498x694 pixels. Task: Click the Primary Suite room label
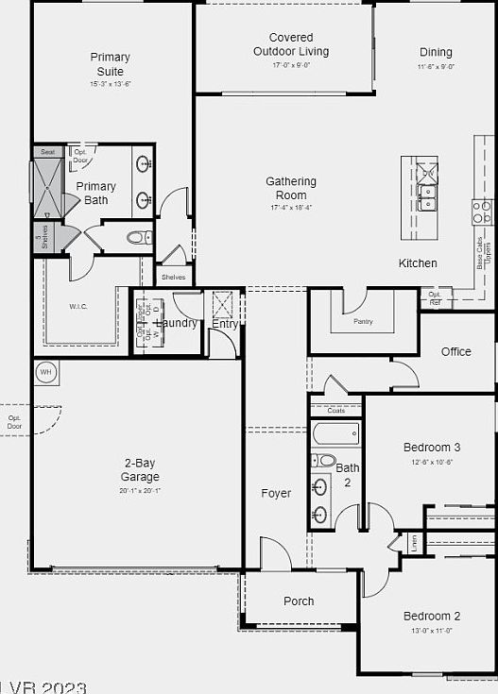pos(111,63)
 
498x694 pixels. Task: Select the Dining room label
pos(436,53)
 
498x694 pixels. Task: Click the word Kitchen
pos(418,262)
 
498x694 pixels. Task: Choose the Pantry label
pos(363,322)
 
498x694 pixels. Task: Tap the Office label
pos(455,352)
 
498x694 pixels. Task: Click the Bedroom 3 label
pos(432,448)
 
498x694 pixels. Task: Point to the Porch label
pos(299,601)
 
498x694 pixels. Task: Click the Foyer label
pos(276,494)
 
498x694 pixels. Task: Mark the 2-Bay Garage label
pos(140,470)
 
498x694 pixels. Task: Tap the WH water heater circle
pos(45,373)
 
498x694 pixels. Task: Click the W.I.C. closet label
pos(77,307)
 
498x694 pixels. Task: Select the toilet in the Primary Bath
pos(138,237)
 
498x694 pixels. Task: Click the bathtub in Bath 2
pos(335,435)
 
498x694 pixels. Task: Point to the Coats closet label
pos(335,411)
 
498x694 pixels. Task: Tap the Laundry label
pos(177,323)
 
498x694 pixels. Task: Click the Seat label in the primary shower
pos(47,152)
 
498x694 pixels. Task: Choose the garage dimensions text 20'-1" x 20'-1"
pos(140,491)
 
